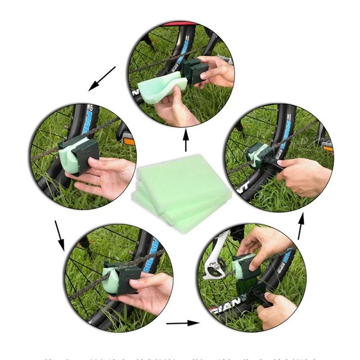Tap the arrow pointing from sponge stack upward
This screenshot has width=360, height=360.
coord(186,141)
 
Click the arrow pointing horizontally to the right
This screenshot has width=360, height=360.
coord(182,323)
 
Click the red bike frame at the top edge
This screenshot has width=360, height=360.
coord(180,24)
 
